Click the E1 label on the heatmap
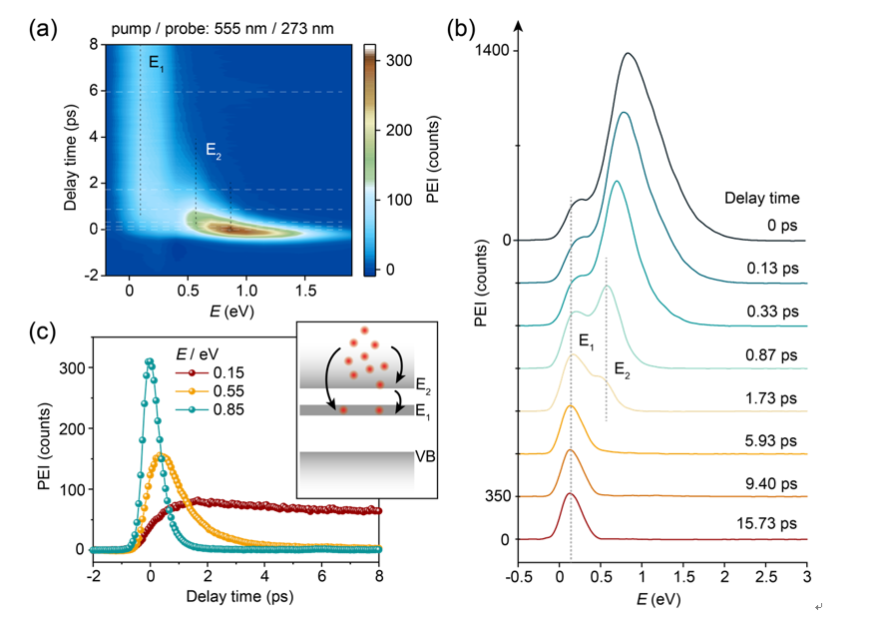(x=157, y=63)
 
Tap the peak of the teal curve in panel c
(x=150, y=361)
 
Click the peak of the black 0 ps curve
(x=628, y=54)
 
